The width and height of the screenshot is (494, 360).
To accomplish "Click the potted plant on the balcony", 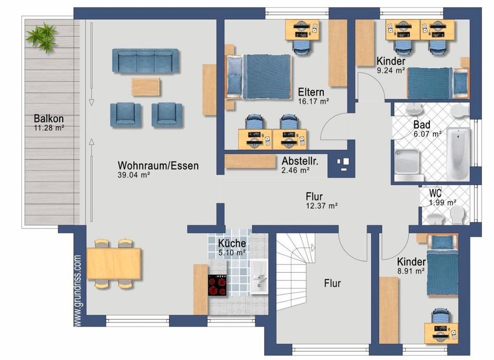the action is coord(42,37).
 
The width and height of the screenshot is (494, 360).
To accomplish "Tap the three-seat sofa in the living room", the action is coord(145,61).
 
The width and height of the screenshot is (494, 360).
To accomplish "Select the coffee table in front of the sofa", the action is coord(146,87).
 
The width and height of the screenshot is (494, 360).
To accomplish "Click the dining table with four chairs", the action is coord(113,264).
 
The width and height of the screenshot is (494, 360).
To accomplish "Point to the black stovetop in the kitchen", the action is coord(217,285).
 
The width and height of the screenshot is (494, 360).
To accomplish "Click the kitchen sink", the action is coord(259,277).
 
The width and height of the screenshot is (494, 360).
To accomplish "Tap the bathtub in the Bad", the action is coord(458,154).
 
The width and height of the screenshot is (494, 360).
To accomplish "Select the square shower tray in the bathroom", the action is coord(408,161).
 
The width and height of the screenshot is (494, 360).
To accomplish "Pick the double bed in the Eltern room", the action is coord(258,77).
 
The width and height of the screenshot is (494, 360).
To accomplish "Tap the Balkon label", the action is coord(49,118).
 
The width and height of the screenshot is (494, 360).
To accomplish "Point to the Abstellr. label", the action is coord(300,161).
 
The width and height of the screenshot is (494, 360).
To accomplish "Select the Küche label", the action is coord(232,243).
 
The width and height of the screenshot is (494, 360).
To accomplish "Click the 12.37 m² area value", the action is coord(322,206).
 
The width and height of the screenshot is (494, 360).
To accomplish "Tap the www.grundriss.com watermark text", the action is coord(78,291).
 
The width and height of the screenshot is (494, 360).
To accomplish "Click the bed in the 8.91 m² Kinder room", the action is coord(443,264).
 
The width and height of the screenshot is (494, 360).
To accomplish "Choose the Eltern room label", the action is coord(311,92).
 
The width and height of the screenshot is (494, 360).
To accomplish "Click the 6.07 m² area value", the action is coord(428,134).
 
